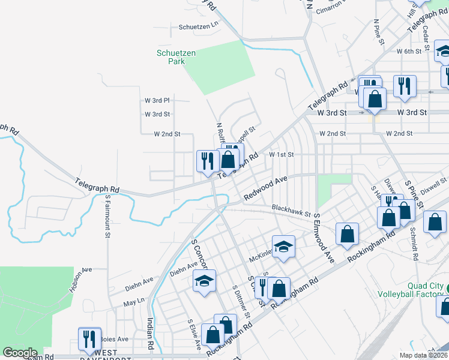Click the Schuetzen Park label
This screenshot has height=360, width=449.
point(176,57)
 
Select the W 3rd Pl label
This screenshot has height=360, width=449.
point(157,100)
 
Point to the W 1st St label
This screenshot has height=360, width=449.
point(281,154)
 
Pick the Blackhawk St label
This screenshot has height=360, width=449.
point(291,209)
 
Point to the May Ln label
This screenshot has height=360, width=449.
point(134,301)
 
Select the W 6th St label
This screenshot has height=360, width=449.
point(409,52)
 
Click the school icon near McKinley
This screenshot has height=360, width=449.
point(283,246)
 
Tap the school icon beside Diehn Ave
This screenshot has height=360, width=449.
point(205,280)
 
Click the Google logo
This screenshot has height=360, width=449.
point(20,353)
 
